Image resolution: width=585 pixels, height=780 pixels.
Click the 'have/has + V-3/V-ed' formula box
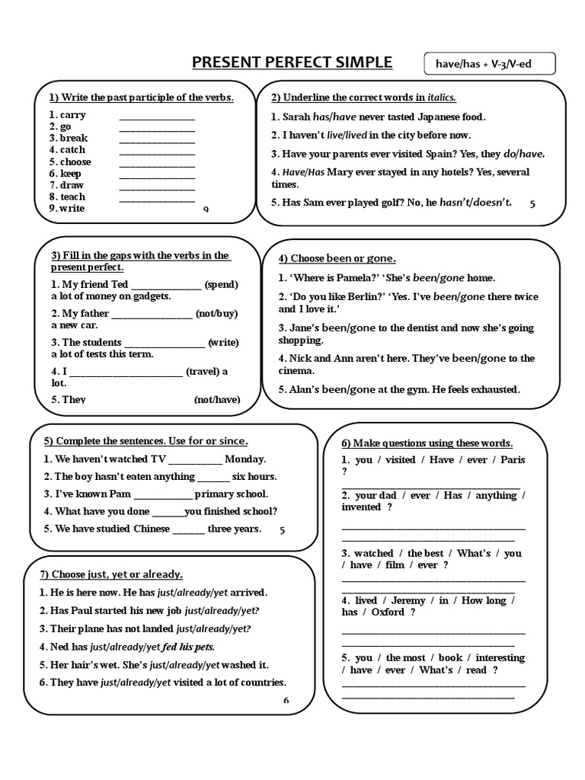(x=489, y=64)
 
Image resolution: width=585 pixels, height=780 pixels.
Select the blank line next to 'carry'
(x=157, y=116)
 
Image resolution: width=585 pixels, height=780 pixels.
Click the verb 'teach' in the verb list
(x=73, y=197)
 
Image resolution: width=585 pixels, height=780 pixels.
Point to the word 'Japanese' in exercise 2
(x=427, y=117)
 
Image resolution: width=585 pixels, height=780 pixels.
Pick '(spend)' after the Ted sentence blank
(x=222, y=284)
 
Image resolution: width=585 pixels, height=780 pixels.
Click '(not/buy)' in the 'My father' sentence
(x=219, y=313)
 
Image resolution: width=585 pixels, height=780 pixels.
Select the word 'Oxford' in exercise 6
(x=388, y=612)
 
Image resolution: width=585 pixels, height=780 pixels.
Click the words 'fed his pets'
(x=188, y=647)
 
